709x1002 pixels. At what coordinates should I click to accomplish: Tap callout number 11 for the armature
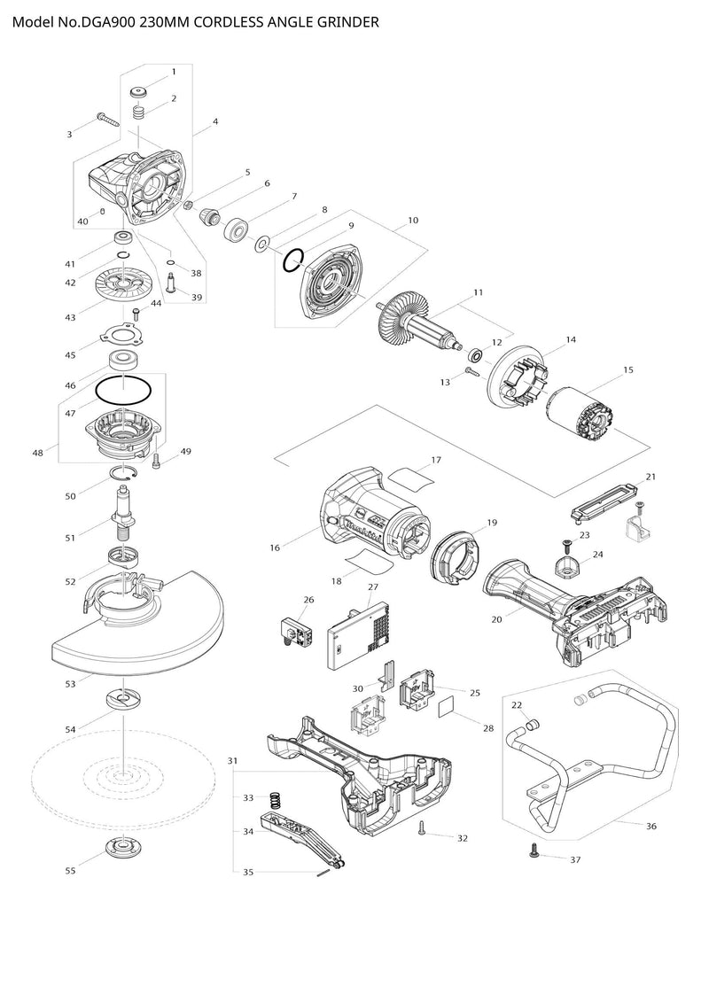[x=479, y=291]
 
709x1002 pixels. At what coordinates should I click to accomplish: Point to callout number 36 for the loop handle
[x=651, y=826]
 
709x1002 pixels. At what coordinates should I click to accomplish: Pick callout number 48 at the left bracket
[x=37, y=453]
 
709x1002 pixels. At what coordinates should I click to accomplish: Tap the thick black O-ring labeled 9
[x=294, y=260]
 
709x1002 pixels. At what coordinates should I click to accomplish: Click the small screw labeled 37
[x=534, y=851]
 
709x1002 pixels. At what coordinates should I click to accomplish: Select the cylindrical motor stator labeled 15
[x=580, y=411]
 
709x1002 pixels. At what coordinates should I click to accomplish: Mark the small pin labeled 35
[x=323, y=871]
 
